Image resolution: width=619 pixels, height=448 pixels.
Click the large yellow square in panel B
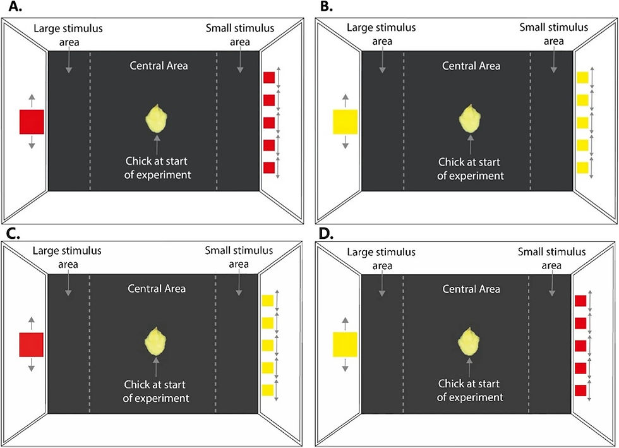[x=345, y=121]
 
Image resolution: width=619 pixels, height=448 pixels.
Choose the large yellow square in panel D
[x=345, y=344]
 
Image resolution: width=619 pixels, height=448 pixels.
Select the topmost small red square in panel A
[x=268, y=78]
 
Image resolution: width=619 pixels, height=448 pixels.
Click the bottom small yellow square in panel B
[x=582, y=168]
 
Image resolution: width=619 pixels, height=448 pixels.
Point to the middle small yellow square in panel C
[x=268, y=345]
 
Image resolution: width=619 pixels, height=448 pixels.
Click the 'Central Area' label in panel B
[x=471, y=66]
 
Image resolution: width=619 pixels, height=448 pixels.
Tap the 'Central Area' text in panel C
[x=157, y=289]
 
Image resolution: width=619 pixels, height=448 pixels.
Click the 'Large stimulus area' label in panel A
[x=69, y=35]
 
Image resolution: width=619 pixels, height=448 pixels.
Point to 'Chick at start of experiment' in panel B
[x=471, y=169]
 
